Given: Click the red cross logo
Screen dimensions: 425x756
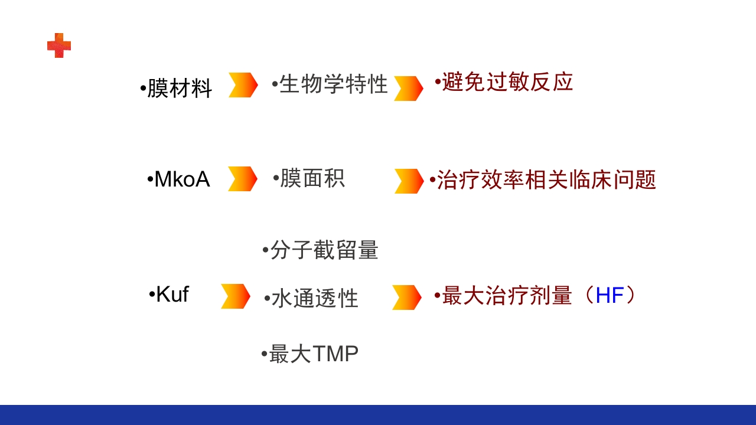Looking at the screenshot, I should pos(59,45).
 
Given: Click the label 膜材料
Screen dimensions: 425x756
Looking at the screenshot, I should pos(179,89).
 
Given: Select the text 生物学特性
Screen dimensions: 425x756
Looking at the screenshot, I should pos(333,84).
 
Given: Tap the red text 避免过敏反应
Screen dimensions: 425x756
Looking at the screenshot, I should pos(507,83).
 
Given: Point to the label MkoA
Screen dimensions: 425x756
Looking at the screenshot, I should pos(181,179).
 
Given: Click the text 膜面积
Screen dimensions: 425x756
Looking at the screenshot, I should pos(312,178).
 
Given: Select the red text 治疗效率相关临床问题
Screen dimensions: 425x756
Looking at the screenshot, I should pos(546,180).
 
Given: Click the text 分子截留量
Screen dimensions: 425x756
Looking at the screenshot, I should pos(324,250).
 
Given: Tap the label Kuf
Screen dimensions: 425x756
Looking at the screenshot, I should pos(172,294).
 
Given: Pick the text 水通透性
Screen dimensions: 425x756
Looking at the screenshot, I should pos(315,299).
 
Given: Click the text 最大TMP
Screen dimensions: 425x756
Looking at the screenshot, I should pos(313,354).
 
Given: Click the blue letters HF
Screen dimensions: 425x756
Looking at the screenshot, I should pos(610,296).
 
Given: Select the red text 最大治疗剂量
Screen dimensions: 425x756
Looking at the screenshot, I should pos(507,296).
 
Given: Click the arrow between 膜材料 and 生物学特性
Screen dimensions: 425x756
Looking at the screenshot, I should pos(243,85).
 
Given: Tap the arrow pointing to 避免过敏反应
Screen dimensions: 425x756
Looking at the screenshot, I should pos(409,89).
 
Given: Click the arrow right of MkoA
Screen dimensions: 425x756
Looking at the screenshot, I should pos(243,179).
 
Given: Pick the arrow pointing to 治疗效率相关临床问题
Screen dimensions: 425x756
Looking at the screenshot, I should pos(409,181).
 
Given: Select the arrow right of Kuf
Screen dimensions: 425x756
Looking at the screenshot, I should pos(236,296).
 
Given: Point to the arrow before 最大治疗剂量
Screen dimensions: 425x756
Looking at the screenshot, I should pos(407,297).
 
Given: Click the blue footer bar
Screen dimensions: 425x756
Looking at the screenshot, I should pos(378,415).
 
